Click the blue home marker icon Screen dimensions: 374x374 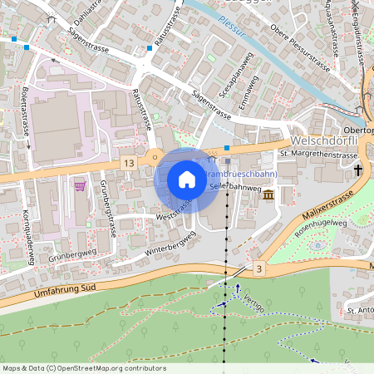[x=186, y=180]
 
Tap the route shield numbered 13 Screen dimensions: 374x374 [x=127, y=163]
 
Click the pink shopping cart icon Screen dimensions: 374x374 [x=80, y=186]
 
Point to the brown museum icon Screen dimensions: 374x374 [x=268, y=194]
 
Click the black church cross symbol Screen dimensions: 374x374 [x=359, y=170]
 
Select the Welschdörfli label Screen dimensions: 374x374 [x=327, y=140]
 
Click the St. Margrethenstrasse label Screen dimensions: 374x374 [x=318, y=155]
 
